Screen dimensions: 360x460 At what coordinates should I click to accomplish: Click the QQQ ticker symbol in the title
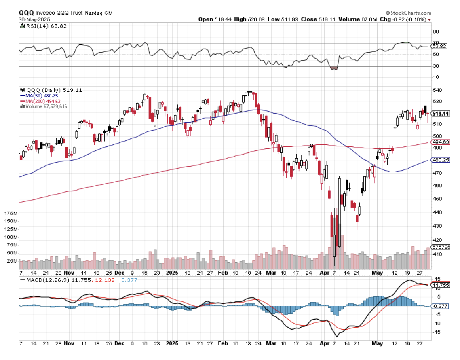[x=26, y=13]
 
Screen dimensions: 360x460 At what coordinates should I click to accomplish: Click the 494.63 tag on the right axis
[x=440, y=142]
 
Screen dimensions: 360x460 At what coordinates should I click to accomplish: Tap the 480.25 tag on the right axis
[x=440, y=160]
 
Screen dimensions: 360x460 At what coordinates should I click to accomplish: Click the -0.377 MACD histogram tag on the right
[x=440, y=306]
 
